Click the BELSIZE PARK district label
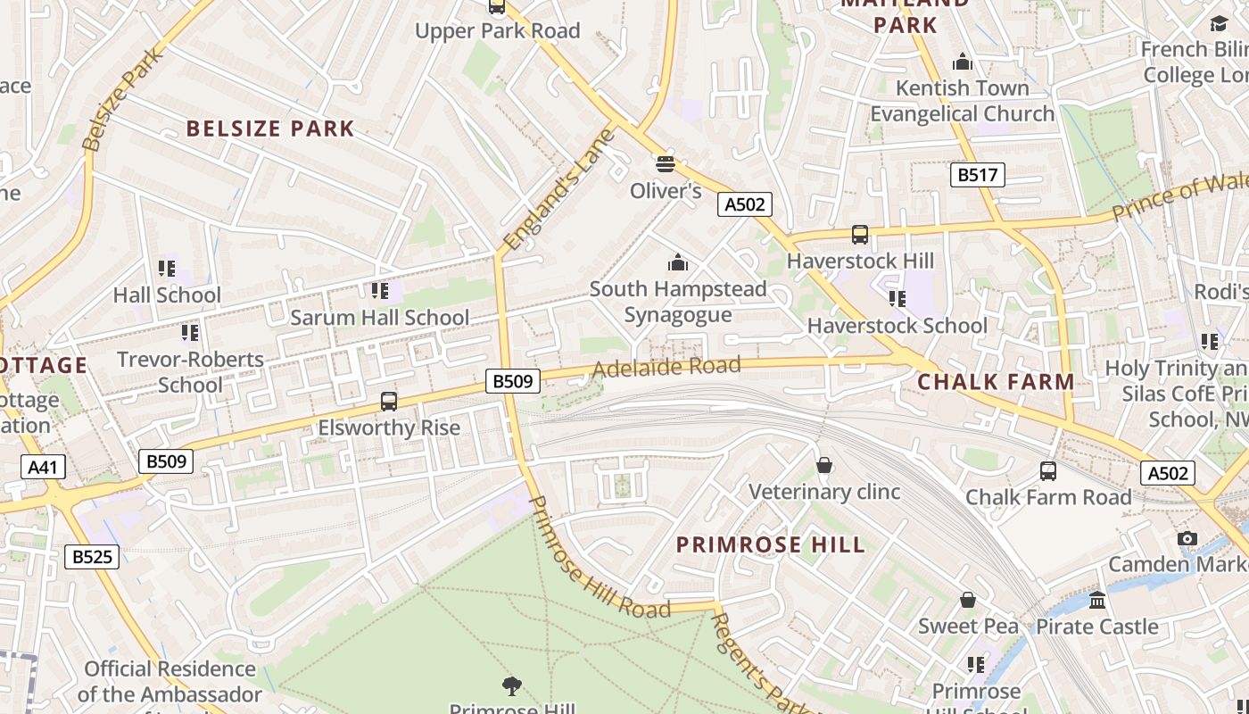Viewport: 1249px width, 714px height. [270, 129]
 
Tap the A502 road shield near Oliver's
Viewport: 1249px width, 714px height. [744, 204]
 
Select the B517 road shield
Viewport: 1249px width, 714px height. [977, 175]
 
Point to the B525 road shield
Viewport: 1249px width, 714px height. [92, 557]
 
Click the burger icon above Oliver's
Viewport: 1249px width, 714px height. [665, 164]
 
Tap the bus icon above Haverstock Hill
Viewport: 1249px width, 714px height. [860, 235]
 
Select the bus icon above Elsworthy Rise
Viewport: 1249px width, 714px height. [389, 402]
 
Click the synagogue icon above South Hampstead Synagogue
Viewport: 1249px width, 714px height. [678, 262]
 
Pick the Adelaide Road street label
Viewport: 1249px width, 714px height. [666, 367]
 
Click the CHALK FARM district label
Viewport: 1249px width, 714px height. [996, 382]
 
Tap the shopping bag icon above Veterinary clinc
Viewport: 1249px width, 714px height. [824, 465]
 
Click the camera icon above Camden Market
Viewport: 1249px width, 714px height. [1187, 538]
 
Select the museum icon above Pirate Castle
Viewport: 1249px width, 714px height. [1097, 600]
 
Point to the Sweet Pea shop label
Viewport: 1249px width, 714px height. [968, 626]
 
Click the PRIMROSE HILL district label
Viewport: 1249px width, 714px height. [770, 544]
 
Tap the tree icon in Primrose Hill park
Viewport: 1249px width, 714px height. [512, 685]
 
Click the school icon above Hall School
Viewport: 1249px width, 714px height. [166, 269]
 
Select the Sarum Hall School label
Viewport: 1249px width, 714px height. [380, 318]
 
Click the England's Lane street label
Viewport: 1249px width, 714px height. [559, 190]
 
